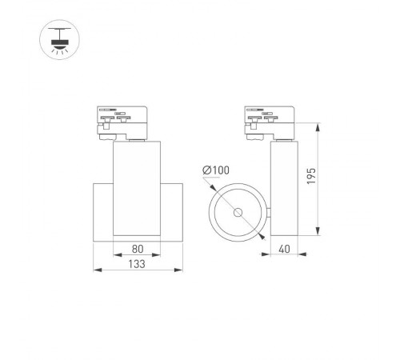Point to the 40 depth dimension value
pyautogui.click(x=284, y=248)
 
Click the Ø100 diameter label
pyautogui.click(x=217, y=170)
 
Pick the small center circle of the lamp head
pyautogui.click(x=238, y=213)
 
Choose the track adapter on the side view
pyautogui.click(x=274, y=122)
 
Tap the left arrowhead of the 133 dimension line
pyautogui.click(x=96, y=269)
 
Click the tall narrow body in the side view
pyautogui.click(x=284, y=188)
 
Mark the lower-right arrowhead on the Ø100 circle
pyautogui.click(x=262, y=236)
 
